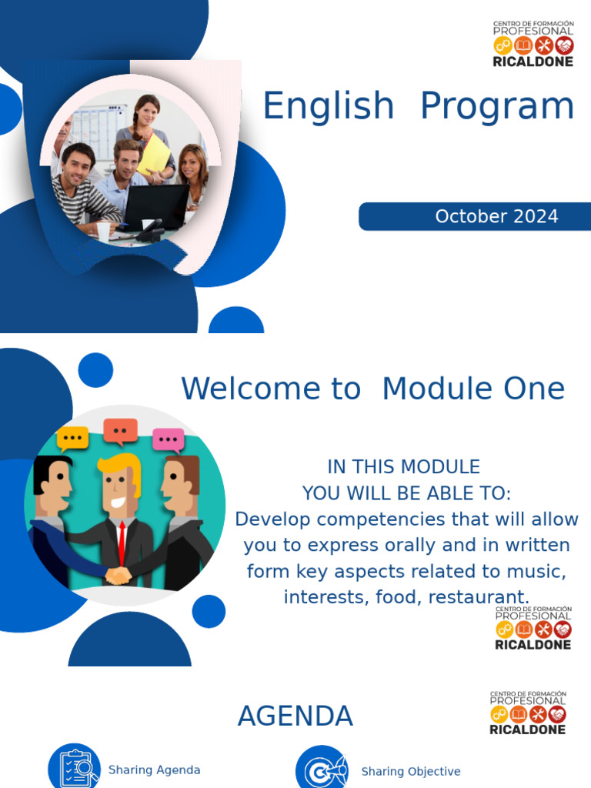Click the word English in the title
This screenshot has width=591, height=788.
[x=328, y=106]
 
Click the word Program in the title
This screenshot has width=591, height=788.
[x=497, y=106]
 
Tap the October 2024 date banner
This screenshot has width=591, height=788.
[x=474, y=217]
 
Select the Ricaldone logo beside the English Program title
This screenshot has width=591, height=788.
[x=533, y=44]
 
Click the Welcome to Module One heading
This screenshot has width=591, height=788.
[x=372, y=389]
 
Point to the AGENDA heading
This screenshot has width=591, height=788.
[x=295, y=716]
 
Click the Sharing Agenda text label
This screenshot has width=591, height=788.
[x=154, y=770]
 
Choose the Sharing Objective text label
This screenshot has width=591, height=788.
[x=411, y=771]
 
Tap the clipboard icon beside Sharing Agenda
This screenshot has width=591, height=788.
[x=75, y=767]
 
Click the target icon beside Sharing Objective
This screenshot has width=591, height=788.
[x=321, y=770]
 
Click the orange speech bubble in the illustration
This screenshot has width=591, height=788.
[x=120, y=431]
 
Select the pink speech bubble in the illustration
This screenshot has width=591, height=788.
[x=169, y=439]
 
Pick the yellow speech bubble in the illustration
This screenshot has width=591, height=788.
[x=73, y=439]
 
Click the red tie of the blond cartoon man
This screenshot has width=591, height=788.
[x=122, y=543]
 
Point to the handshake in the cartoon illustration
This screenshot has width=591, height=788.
[x=118, y=575]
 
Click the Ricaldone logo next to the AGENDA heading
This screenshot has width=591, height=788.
[x=528, y=713]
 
